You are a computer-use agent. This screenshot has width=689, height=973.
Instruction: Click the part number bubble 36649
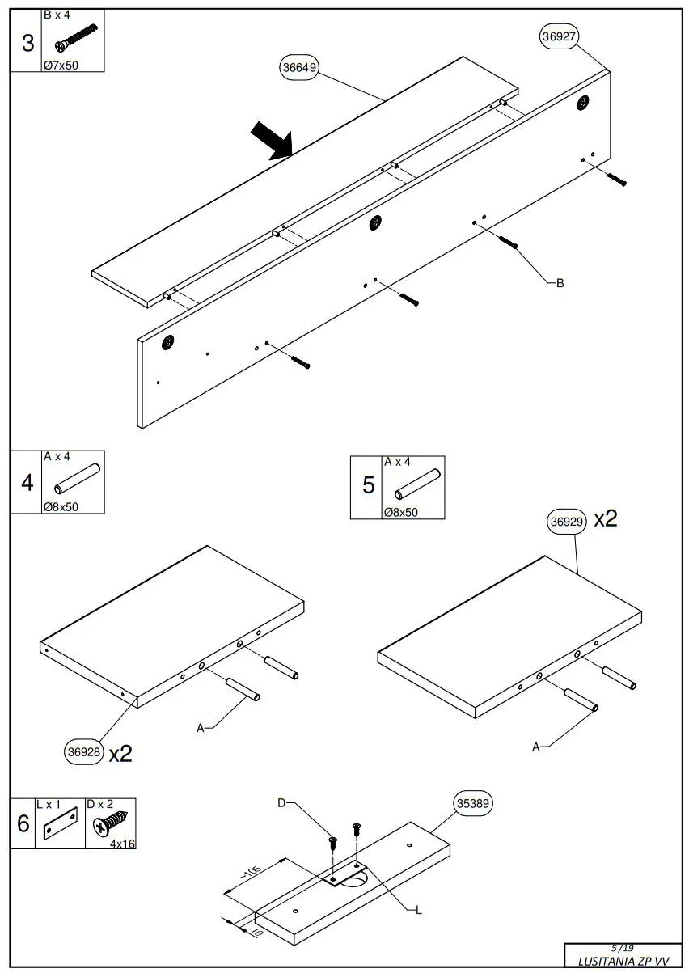coord(299,68)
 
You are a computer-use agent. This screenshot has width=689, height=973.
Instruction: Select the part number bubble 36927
coord(559,36)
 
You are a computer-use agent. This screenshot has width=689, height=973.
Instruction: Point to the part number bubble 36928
coord(84,752)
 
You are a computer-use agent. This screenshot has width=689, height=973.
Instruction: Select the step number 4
coord(27,483)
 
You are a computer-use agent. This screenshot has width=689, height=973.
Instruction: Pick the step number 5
coord(369,485)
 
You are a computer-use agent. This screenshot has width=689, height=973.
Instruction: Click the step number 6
coord(23,824)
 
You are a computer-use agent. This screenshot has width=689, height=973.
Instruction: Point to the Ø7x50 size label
coord(61,66)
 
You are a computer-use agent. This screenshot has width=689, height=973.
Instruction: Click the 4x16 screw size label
coord(122,843)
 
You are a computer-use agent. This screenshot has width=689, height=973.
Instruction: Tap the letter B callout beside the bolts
coord(560,283)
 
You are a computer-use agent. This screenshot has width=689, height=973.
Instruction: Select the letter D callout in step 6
coord(281,803)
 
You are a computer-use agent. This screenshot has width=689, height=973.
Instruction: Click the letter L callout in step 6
coord(418,911)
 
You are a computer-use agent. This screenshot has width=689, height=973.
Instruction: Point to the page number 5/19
coord(623,948)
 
